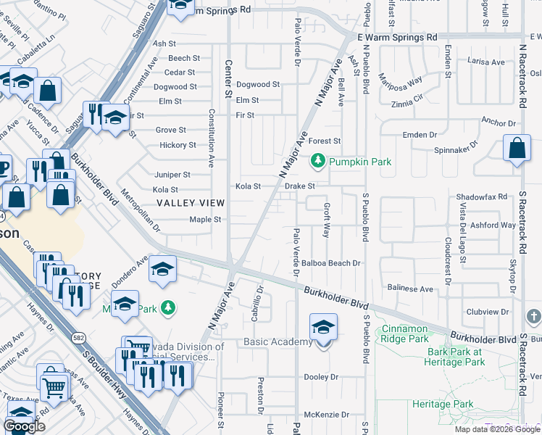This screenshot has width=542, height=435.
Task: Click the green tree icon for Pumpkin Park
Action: (317, 161)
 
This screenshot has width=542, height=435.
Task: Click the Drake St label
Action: (299, 186)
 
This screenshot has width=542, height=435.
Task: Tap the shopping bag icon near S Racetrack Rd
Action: (517, 149)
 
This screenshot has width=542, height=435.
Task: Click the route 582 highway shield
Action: (78, 337)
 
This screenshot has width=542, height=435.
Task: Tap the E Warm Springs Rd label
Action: (398, 36)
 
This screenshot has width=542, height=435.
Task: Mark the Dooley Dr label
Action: (321, 377)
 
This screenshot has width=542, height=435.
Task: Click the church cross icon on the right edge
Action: (533, 317)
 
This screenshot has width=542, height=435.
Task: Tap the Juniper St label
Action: (172, 175)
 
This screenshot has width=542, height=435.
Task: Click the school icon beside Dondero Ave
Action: (162, 270)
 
